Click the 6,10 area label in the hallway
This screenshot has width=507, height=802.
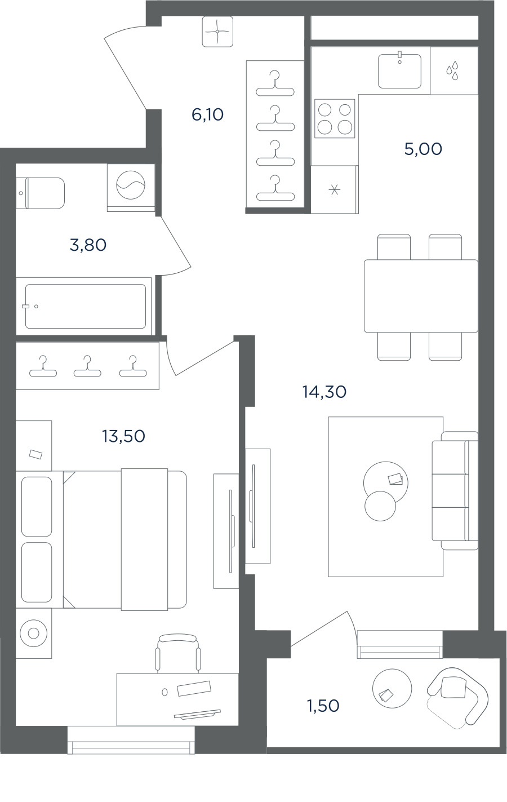[x=207, y=114]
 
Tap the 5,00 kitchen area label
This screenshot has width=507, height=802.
[x=423, y=149]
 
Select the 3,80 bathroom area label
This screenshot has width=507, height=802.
[x=88, y=245]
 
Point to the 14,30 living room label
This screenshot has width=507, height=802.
[x=324, y=392]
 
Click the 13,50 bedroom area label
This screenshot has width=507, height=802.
[x=123, y=436]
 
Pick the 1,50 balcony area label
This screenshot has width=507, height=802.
[x=323, y=706]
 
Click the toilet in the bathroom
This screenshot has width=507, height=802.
[x=41, y=193]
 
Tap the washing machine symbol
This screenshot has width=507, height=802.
[x=131, y=185]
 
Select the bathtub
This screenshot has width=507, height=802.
[x=85, y=307]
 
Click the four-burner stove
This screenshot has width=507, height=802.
[x=335, y=118]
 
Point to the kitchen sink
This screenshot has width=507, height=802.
[x=399, y=70]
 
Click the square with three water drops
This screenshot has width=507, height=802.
[x=453, y=70]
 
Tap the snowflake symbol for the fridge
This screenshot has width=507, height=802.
[x=335, y=190]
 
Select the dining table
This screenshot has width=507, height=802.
[x=421, y=296]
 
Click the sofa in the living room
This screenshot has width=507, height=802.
[x=455, y=490]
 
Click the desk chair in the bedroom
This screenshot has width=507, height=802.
[x=178, y=654]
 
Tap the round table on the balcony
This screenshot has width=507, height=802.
[x=392, y=688]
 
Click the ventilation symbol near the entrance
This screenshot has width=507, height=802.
[x=217, y=32]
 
